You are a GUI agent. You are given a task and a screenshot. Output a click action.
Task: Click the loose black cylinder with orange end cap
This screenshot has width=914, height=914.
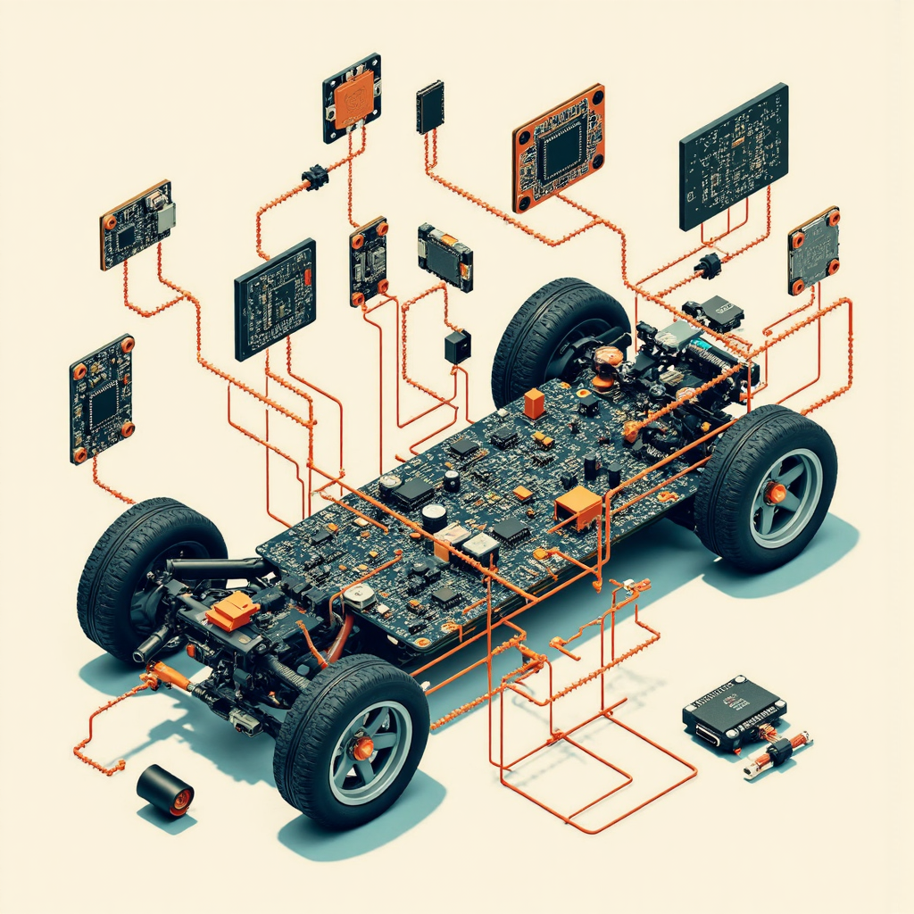(x=165, y=789)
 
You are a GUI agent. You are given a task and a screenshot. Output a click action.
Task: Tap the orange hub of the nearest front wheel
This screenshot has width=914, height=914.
(x=362, y=748)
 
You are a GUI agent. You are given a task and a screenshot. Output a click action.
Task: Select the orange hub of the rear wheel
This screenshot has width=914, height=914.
(x=774, y=493)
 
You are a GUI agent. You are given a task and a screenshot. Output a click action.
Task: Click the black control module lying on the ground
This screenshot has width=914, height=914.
(x=733, y=711)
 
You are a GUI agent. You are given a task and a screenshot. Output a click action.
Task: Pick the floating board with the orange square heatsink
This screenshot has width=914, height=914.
(x=352, y=97)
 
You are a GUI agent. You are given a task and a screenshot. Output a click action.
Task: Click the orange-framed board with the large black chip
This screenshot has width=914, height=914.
(x=559, y=147)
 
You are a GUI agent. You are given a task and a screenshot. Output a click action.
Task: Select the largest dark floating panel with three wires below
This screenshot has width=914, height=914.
(x=733, y=156)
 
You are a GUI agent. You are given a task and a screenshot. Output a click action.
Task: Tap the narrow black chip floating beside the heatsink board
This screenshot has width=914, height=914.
(x=429, y=106)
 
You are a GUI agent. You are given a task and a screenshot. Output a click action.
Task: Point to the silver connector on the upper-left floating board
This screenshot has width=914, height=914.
(x=166, y=216)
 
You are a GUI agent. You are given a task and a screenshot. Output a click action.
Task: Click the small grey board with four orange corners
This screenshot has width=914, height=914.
(x=813, y=250)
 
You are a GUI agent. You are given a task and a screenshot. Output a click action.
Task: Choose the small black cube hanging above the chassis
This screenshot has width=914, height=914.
(x=457, y=346)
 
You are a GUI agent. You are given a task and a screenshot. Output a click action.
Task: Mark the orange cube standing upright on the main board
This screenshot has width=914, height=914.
(x=534, y=403)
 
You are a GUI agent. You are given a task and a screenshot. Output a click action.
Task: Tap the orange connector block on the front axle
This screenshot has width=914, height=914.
(x=232, y=611)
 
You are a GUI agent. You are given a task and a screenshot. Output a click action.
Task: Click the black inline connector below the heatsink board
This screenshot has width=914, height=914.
(x=315, y=177)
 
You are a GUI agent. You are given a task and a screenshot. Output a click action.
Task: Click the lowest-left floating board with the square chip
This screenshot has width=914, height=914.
(x=102, y=399)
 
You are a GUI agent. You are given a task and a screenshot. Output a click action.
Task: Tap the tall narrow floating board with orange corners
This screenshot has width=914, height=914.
(x=369, y=261)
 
